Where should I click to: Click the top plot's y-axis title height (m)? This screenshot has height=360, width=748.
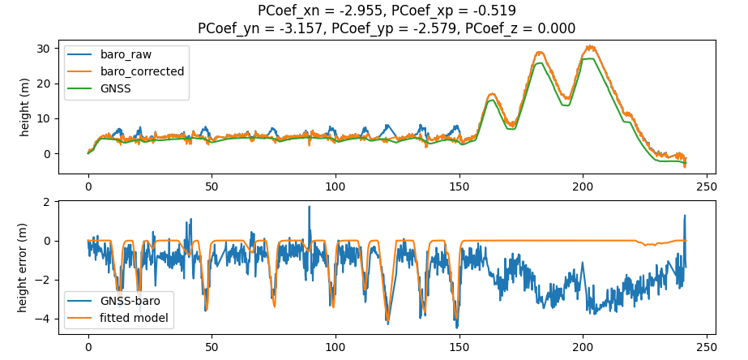26,105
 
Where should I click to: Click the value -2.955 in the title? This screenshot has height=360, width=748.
364,11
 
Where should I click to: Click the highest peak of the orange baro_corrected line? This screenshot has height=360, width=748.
589,46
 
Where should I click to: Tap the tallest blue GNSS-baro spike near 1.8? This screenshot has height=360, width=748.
309,207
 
